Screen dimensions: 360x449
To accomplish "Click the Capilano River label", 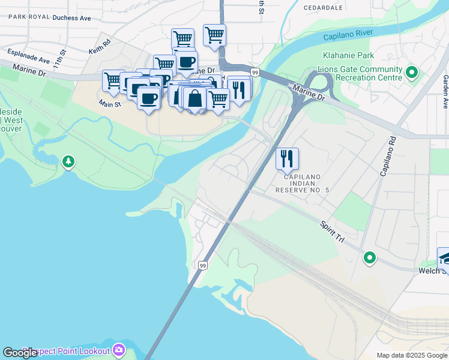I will coord(348,35).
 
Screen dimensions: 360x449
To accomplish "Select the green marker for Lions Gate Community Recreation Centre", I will coord(412,73).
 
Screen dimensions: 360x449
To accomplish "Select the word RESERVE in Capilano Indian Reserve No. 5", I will coord(294,190).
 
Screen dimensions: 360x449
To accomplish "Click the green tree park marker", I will coord(69,161).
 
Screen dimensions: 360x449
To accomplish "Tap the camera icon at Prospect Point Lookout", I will coord(119,350).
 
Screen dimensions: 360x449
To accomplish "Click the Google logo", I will coord(20,353).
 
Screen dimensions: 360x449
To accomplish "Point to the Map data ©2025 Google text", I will coord(412,355).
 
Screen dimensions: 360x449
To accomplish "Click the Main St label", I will coord(110,104).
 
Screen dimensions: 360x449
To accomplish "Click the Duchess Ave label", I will coord(71,18).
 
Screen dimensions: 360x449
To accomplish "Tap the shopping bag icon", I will coord(195,98).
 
